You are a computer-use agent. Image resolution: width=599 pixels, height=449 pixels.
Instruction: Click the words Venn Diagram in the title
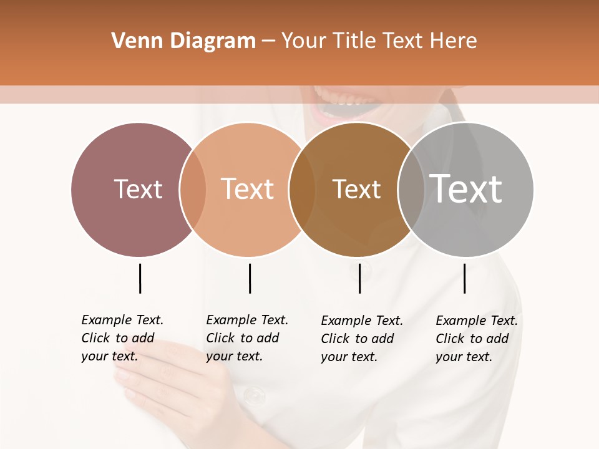(x=183, y=41)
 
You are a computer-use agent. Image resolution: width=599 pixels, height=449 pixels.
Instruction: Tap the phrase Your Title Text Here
(x=379, y=41)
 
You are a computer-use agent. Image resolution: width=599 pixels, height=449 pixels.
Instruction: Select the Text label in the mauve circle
(x=138, y=189)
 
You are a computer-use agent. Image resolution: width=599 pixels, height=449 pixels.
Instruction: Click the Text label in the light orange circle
(x=248, y=189)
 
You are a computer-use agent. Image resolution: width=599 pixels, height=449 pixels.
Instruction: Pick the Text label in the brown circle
(x=356, y=189)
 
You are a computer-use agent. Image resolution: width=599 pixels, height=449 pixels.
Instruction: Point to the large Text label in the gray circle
(x=466, y=188)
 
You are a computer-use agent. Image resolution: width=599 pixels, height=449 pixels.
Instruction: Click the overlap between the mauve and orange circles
(x=193, y=190)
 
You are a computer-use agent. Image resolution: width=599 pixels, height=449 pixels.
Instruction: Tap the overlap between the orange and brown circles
(x=302, y=190)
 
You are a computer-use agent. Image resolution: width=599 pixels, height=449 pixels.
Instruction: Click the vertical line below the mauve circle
(x=140, y=278)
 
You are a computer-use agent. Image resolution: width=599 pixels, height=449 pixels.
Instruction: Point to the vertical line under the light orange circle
(x=250, y=278)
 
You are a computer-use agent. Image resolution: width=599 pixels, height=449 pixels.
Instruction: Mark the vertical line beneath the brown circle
(x=359, y=278)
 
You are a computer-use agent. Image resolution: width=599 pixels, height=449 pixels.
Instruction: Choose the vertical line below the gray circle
(x=464, y=278)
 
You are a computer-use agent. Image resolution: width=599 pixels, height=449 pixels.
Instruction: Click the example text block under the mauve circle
(x=122, y=338)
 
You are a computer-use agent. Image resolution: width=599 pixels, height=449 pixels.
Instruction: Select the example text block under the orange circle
(x=246, y=338)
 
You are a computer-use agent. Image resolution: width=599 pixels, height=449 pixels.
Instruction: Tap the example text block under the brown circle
(x=361, y=339)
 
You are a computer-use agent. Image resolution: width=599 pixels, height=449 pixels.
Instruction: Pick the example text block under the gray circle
(x=476, y=339)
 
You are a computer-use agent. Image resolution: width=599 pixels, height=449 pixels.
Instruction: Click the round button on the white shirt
(x=254, y=394)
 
